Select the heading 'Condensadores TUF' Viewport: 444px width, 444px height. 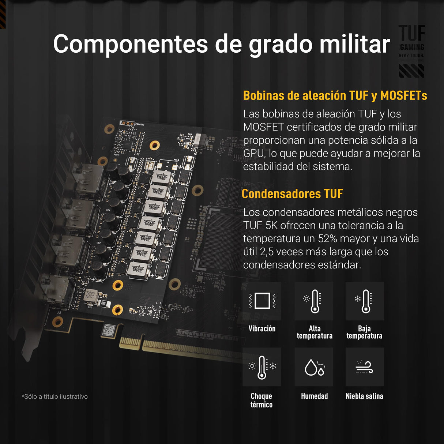[x=292, y=193]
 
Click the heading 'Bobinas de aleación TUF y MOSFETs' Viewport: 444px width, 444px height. [x=335, y=95]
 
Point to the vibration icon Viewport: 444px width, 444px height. [x=262, y=301]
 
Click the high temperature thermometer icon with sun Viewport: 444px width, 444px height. [x=314, y=301]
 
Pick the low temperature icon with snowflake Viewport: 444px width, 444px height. [x=365, y=301]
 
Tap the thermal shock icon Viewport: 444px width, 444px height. [x=262, y=367]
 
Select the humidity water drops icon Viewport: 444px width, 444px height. [x=314, y=367]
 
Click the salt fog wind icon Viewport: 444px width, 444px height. [x=365, y=367]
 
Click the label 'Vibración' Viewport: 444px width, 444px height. [x=262, y=328]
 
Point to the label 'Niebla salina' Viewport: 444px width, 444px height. [x=364, y=396]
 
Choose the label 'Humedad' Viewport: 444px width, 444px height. [x=314, y=396]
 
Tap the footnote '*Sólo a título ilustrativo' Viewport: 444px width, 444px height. [x=55, y=396]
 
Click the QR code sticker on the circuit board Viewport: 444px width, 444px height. [x=108, y=331]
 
